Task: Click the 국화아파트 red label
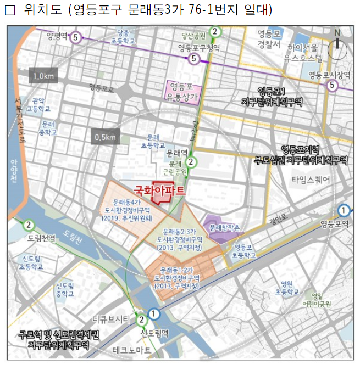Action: point(159,190)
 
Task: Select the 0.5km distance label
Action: point(105,136)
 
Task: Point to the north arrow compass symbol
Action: point(337,46)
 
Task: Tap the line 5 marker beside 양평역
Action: point(76,37)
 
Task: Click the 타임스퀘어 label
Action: point(311,179)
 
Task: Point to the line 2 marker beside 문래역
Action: point(191,162)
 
